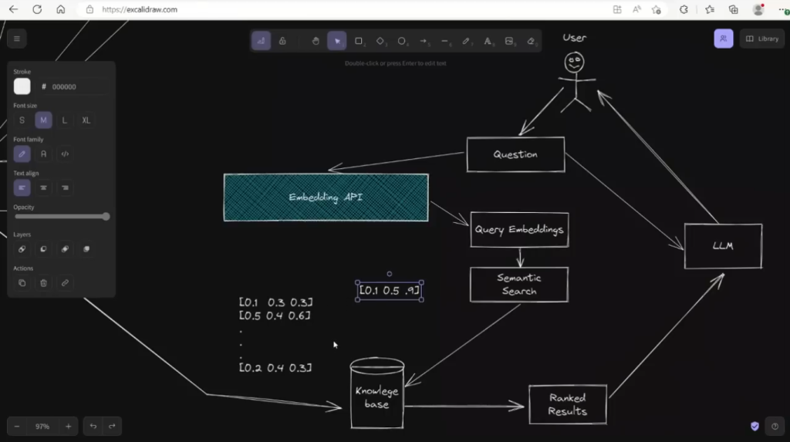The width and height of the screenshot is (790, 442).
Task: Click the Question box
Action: tap(515, 154)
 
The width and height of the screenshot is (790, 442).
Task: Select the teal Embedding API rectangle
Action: tap(326, 197)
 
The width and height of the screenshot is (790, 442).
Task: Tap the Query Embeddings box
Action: tap(519, 230)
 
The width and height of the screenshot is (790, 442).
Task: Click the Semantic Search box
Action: tap(519, 285)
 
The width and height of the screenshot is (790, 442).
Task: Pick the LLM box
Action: tap(723, 246)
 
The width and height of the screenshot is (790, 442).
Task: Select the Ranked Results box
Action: tap(567, 404)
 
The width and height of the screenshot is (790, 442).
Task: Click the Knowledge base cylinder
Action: tap(376, 396)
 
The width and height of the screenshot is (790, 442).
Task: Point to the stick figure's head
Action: tap(573, 62)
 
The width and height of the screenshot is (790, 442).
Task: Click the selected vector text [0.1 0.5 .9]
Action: tap(390, 291)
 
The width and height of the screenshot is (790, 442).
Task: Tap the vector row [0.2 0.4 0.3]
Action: tap(275, 368)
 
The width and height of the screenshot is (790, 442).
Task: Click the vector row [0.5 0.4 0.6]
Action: tap(275, 315)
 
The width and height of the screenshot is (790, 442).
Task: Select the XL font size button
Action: tap(86, 120)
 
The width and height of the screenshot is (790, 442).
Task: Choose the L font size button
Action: tap(65, 120)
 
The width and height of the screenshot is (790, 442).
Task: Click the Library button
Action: tap(762, 39)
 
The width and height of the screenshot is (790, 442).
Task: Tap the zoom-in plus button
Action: tap(68, 426)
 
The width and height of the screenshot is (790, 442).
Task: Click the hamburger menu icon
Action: tap(16, 39)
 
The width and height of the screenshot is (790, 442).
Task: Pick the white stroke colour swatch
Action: tap(22, 86)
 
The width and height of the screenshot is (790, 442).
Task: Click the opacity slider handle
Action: tap(106, 217)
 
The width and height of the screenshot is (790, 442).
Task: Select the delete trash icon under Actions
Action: tap(43, 283)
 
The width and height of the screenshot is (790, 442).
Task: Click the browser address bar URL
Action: tap(140, 9)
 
